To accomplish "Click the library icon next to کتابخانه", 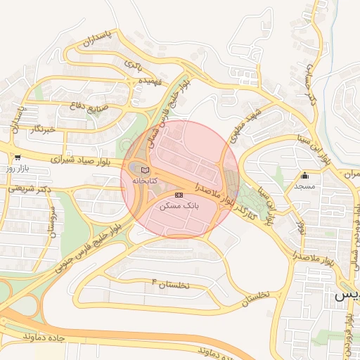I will [145, 170].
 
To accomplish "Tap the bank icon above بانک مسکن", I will [179, 194].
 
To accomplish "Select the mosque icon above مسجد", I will [304, 176].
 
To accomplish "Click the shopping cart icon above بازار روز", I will [17, 158].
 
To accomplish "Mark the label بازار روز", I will [17, 169].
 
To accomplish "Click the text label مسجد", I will [304, 186].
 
